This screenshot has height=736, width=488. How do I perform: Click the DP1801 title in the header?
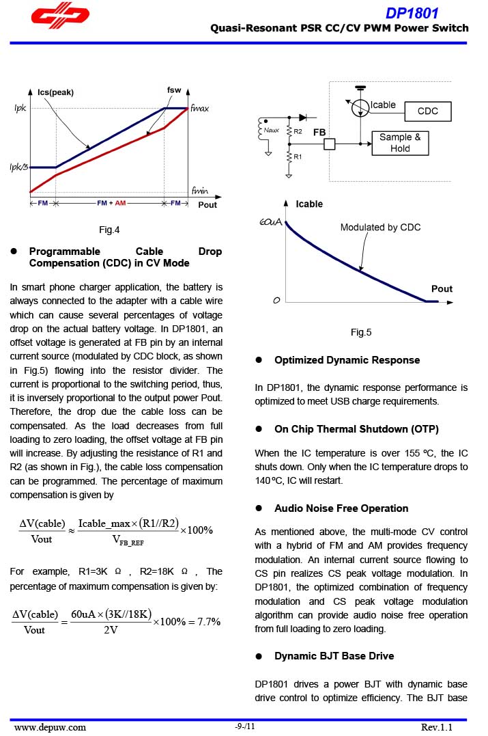click(412, 13)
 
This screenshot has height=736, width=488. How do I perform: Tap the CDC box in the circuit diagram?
click(427, 111)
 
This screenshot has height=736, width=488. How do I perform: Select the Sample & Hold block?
click(400, 143)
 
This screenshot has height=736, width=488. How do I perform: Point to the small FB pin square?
click(330, 144)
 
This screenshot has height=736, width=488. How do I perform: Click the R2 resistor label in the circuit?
click(298, 131)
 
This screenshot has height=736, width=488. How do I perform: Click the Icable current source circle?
click(360, 107)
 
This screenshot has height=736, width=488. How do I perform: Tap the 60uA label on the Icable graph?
click(271, 223)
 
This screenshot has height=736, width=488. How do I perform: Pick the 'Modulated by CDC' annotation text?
click(380, 228)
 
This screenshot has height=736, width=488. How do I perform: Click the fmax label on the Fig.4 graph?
click(200, 109)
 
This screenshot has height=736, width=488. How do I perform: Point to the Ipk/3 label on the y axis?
click(18, 167)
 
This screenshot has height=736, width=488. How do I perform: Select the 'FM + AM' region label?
click(111, 204)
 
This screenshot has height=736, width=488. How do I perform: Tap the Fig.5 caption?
click(361, 333)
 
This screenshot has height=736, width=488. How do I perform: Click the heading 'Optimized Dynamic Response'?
click(347, 360)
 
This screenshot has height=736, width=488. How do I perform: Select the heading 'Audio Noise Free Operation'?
click(341, 508)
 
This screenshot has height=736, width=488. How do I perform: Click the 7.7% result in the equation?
click(204, 622)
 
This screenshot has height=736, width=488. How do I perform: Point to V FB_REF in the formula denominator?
click(128, 541)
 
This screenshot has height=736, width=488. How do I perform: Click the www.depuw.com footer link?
click(50, 727)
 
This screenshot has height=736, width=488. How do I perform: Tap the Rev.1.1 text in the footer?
click(437, 727)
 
